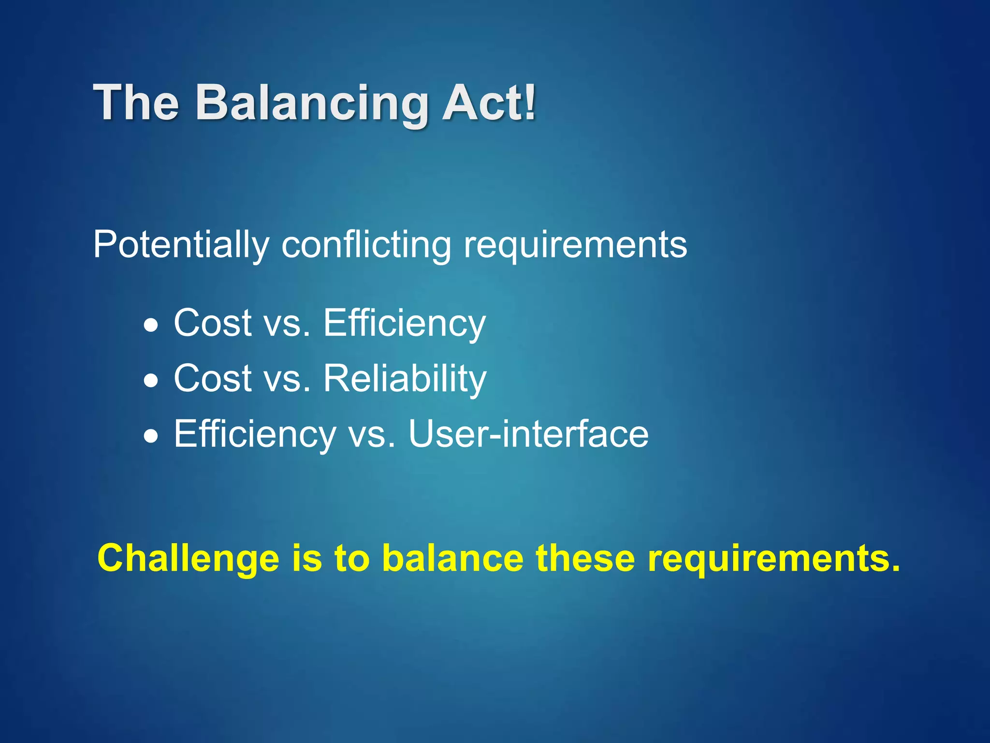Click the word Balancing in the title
coord(312,103)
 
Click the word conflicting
coord(366,245)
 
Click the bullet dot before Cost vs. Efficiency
coord(151,325)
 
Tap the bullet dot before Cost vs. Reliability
coord(151,381)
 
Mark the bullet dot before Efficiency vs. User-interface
coord(151,436)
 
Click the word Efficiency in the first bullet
coord(404,323)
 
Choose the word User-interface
coord(528,434)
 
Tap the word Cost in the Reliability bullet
coord(213,378)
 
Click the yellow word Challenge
coord(188,559)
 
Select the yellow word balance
coord(452,558)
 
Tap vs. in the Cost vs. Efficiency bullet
coord(288,323)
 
